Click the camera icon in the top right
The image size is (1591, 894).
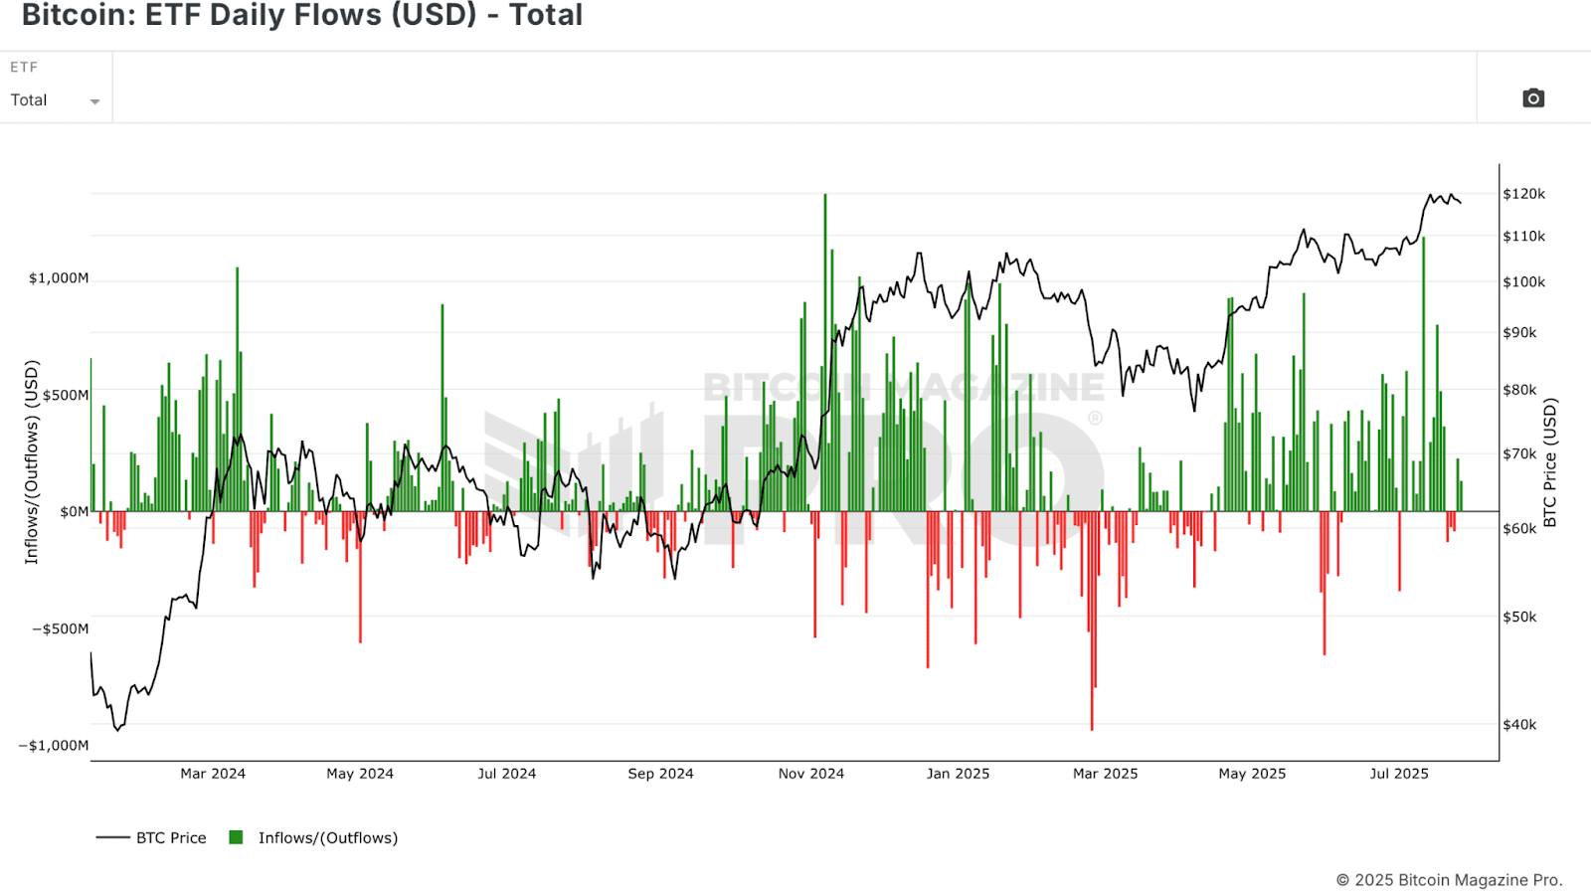[1533, 97]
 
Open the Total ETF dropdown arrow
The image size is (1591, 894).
[94, 101]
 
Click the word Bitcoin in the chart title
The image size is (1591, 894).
[74, 15]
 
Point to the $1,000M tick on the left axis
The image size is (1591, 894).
[58, 278]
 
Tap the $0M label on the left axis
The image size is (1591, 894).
[74, 512]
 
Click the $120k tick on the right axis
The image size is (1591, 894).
[1523, 194]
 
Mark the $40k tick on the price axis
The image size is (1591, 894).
[1519, 724]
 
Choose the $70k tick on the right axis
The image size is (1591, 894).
[1519, 453]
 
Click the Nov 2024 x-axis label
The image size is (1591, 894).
[810, 774]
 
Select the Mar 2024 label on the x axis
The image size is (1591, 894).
[212, 774]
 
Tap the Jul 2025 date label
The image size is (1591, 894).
[1398, 774]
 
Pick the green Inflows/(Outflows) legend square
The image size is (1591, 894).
[236, 837]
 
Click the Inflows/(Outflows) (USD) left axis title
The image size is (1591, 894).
[31, 462]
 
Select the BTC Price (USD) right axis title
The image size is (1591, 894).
[1549, 462]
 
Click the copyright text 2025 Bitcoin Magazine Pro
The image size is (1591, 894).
[1449, 880]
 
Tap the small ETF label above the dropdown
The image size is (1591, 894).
[24, 67]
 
